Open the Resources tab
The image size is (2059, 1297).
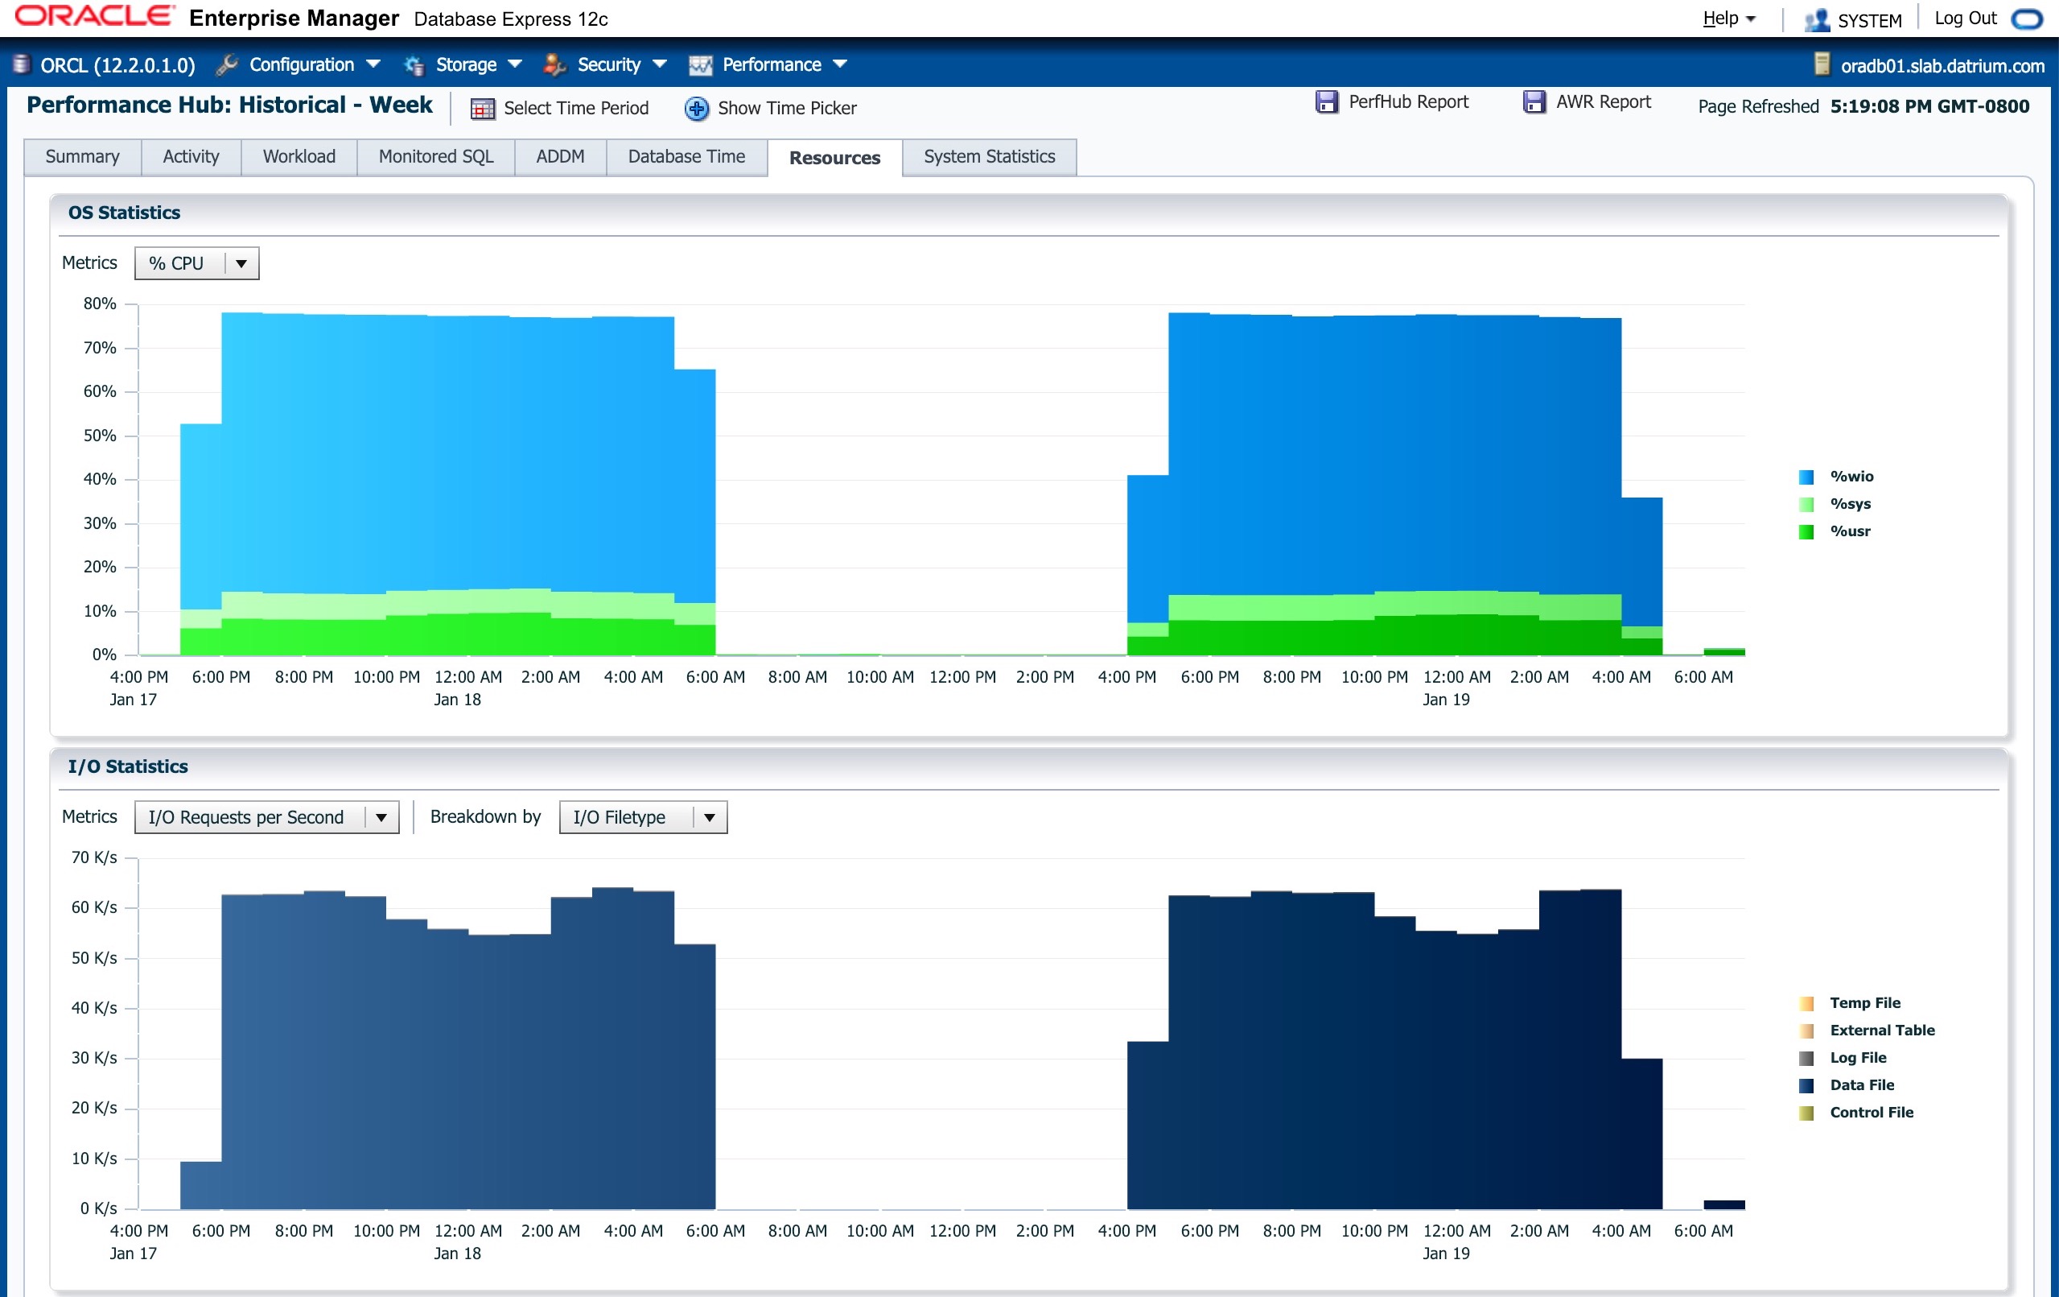[834, 158]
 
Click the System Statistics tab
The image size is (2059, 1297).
[990, 156]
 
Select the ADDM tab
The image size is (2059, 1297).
[560, 156]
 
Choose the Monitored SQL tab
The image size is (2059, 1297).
[436, 156]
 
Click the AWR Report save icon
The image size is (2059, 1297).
[1534, 103]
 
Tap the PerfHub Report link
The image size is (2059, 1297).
[1408, 101]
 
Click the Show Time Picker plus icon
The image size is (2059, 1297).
[697, 109]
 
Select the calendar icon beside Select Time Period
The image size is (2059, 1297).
[483, 109]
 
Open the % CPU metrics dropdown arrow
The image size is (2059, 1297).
[241, 263]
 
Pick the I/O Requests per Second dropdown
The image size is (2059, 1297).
[267, 817]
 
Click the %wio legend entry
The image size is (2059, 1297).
[1835, 477]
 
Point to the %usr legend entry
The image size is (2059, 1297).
[1835, 531]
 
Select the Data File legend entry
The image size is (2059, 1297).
[1846, 1084]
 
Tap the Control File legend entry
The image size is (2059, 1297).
[1855, 1112]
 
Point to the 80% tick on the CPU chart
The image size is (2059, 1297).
[100, 304]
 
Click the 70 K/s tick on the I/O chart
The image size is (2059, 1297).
[94, 857]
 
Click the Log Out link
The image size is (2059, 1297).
[1966, 19]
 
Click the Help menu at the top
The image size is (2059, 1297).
[1728, 19]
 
